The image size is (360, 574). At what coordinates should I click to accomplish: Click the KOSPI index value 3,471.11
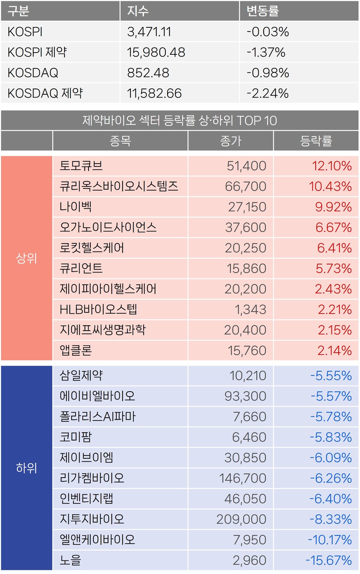tap(149, 32)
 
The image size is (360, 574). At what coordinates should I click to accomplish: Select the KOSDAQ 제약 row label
tap(45, 93)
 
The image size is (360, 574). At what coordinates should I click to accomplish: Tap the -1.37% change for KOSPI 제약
tap(266, 52)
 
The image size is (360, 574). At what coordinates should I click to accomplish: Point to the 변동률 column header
tap(262, 11)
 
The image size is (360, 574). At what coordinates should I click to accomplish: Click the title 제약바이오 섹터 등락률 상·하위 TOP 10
tap(180, 120)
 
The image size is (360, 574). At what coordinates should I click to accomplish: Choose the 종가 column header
tap(231, 141)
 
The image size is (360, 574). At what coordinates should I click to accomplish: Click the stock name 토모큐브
tap(81, 166)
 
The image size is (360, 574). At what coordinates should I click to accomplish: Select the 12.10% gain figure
tap(332, 166)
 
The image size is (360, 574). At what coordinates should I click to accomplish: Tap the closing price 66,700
tap(246, 186)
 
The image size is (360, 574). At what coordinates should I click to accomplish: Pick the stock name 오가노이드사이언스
tap(108, 227)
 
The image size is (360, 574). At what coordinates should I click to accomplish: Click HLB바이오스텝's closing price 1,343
tap(250, 310)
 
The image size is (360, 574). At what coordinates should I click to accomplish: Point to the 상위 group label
tap(26, 258)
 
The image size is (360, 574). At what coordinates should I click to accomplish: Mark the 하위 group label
tap(26, 468)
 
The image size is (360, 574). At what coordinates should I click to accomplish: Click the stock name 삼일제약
tap(81, 376)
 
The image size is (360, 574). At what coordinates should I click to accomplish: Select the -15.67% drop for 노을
tap(328, 560)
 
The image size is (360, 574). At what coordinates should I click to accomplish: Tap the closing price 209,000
tap(241, 519)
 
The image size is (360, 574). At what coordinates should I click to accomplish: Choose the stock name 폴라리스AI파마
tap(97, 416)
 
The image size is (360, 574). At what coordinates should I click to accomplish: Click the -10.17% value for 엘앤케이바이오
tap(330, 540)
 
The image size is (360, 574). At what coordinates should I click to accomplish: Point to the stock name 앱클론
tap(76, 350)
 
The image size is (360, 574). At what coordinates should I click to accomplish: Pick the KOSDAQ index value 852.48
tap(148, 73)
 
